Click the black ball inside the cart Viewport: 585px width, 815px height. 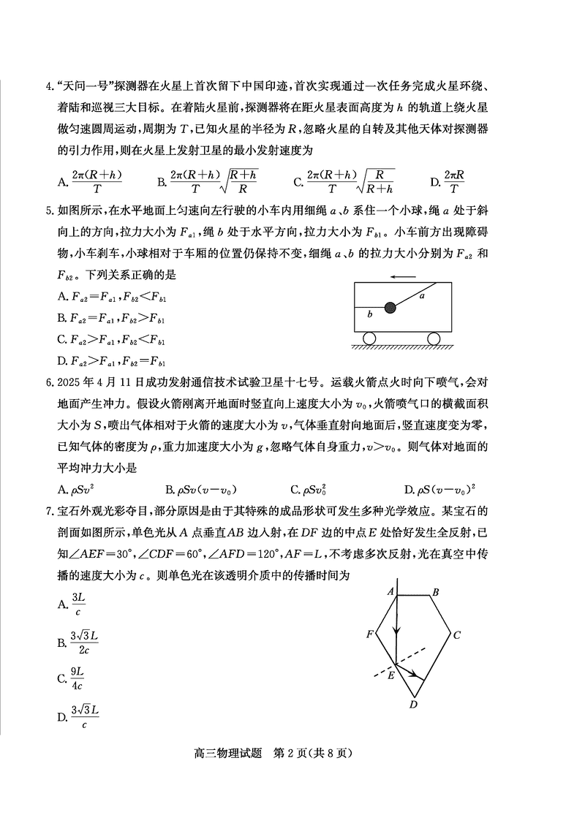coord(390,308)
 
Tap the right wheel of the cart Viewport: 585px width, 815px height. coord(434,338)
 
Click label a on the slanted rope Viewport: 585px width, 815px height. coord(422,296)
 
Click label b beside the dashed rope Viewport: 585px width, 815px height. coord(370,314)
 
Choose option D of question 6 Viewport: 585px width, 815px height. coord(446,489)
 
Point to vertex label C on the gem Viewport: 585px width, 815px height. coord(456,635)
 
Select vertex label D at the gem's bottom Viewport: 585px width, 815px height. coord(413,704)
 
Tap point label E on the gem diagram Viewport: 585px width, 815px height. coord(390,676)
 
